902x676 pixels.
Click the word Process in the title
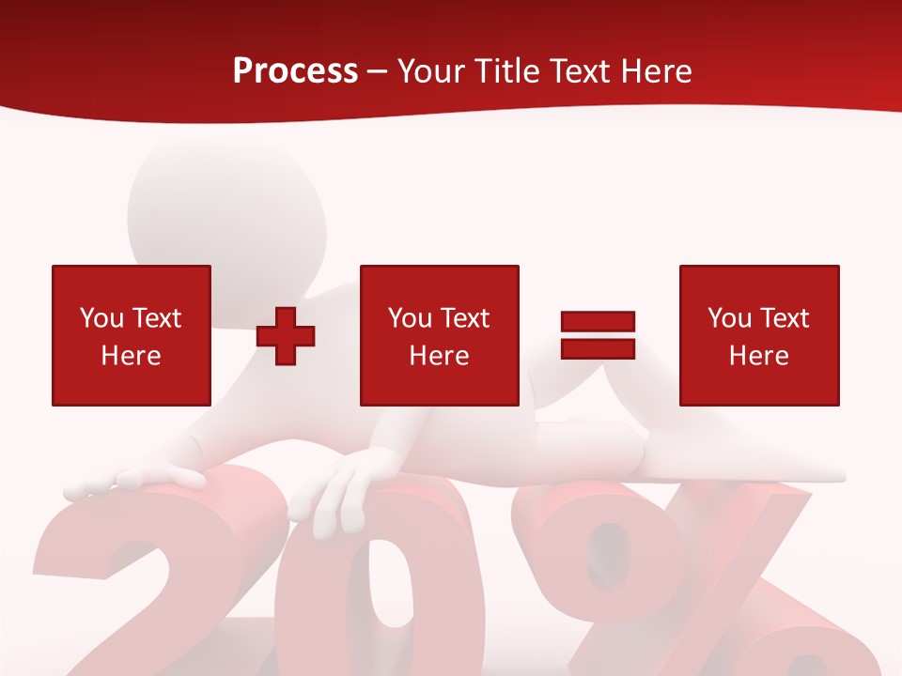(295, 70)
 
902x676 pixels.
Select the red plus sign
(286, 335)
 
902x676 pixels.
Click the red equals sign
(598, 335)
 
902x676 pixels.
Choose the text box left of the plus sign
(132, 335)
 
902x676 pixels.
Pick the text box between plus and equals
(439, 335)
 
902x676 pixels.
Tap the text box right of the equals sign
(759, 335)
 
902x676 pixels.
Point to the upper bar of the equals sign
(598, 322)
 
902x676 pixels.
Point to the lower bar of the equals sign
(598, 348)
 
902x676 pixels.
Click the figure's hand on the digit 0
(334, 493)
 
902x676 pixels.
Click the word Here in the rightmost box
(759, 356)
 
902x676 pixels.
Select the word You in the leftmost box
(101, 318)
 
